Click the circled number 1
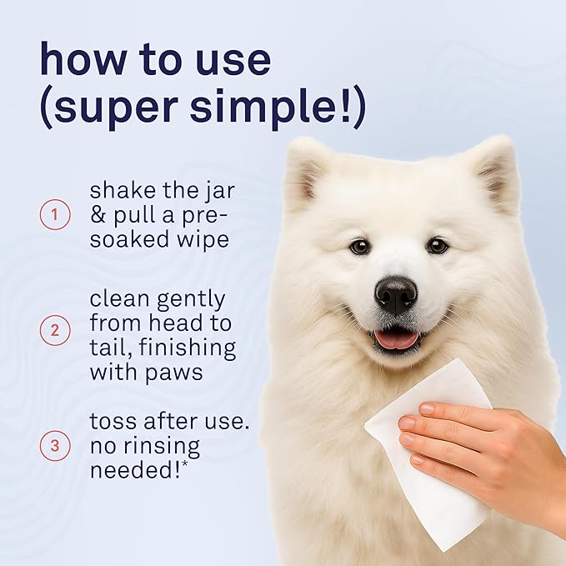(55, 216)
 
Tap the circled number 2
(55, 331)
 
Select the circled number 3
(55, 446)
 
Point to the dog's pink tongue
(396, 338)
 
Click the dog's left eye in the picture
(359, 246)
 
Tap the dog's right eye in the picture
(437, 245)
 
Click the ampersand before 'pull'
(98, 216)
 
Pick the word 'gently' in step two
(193, 299)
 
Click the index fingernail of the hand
(426, 409)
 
